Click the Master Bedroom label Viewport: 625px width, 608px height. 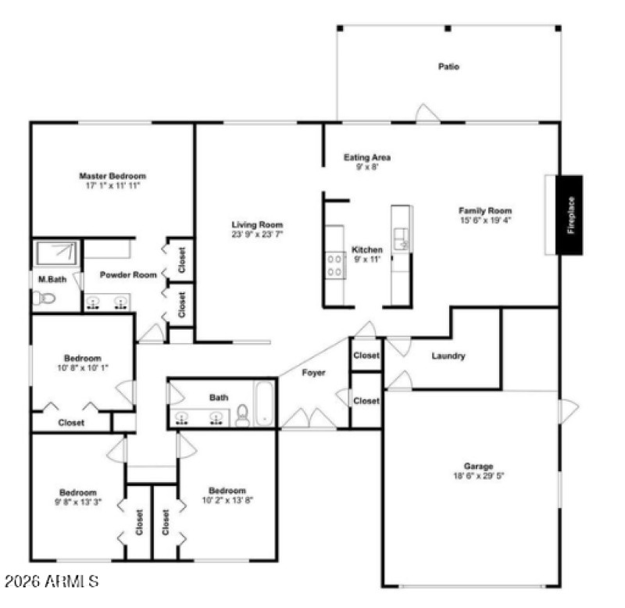(112, 177)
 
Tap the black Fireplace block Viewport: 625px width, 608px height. (570, 214)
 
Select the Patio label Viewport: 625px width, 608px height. (448, 66)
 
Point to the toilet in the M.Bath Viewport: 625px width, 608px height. (44, 298)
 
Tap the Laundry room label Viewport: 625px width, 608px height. (448, 356)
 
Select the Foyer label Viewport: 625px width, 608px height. (313, 373)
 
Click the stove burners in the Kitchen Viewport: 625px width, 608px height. (336, 264)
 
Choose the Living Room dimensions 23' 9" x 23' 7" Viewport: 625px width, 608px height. (257, 234)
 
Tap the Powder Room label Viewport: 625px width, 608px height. (128, 275)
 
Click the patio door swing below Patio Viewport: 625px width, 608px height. (427, 113)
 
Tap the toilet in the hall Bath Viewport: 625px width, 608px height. (242, 416)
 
